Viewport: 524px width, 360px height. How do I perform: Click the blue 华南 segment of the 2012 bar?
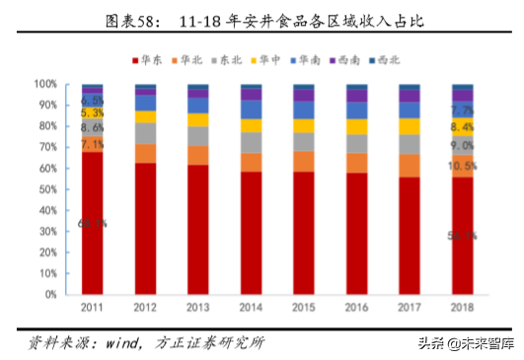(x=146, y=103)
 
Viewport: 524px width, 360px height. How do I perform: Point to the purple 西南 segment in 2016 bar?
(x=357, y=96)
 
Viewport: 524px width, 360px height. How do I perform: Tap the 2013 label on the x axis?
(x=198, y=308)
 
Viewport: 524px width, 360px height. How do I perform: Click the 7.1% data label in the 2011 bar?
(x=93, y=145)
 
